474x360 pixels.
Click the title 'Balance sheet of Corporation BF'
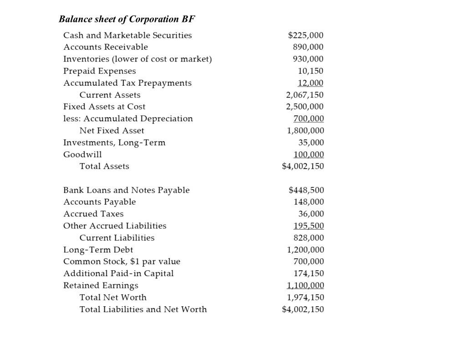[x=127, y=19]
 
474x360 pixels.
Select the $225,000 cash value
[x=306, y=36]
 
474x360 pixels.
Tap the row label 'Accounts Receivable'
[x=106, y=47]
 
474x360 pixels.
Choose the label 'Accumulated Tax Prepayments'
[x=127, y=83]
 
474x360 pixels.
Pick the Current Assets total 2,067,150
[x=305, y=95]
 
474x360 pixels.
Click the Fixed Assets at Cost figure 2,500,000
[x=305, y=107]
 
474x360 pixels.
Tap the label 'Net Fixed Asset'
[x=112, y=130]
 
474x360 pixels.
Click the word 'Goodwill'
[x=82, y=154]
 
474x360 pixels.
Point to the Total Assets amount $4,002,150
[x=303, y=166]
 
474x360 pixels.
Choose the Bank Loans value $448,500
[x=306, y=190]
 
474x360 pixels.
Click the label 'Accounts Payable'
[x=99, y=202]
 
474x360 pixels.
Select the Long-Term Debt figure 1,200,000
[x=305, y=250]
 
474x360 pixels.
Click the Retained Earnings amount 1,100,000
[x=305, y=286]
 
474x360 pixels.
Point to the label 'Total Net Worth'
[x=113, y=298]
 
